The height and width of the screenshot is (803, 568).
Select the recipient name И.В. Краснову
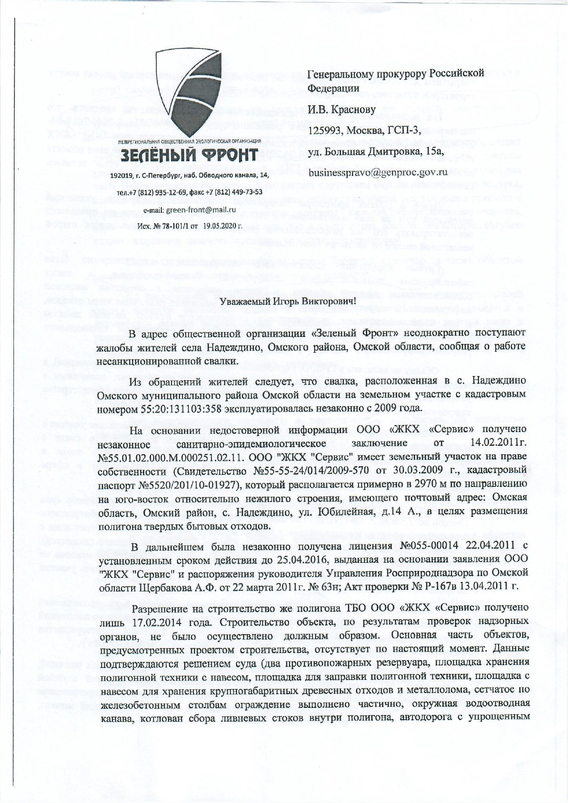click(x=342, y=109)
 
